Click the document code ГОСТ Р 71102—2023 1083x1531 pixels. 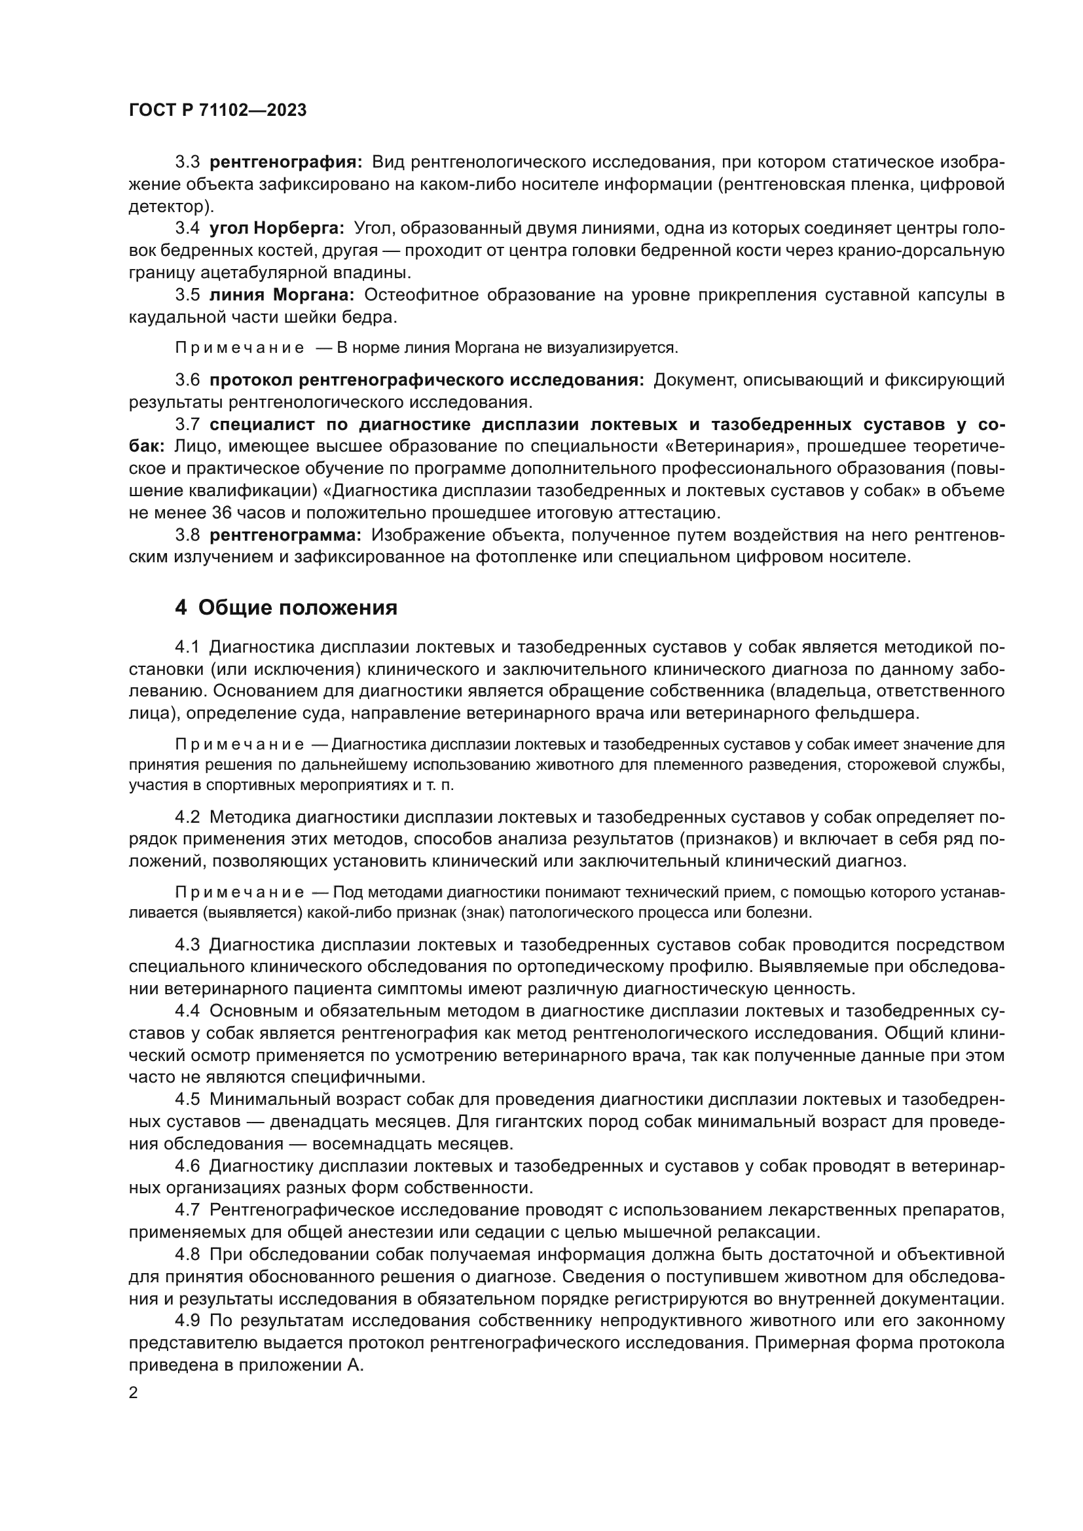coord(217,111)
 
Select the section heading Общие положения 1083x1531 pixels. coord(297,607)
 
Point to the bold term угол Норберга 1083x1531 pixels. coord(277,228)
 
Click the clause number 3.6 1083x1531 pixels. coord(187,380)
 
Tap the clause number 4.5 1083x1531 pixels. coord(187,1099)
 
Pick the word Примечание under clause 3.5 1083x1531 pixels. coord(240,348)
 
